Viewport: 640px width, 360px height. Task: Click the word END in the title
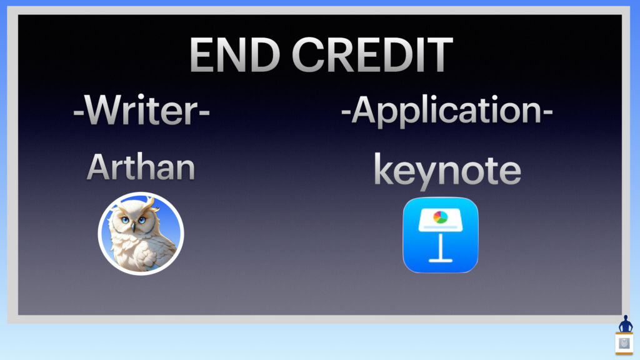(235, 55)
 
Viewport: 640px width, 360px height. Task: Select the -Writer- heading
(141, 110)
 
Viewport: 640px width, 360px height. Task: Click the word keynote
(447, 171)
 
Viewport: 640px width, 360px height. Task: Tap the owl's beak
(133, 227)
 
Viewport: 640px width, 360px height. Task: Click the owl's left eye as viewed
(124, 220)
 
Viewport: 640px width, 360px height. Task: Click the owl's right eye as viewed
(142, 220)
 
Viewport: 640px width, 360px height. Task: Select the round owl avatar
(141, 234)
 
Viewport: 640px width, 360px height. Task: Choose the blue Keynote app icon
(441, 235)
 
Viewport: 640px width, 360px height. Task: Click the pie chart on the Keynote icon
(440, 217)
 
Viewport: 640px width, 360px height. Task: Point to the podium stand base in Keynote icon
(441, 260)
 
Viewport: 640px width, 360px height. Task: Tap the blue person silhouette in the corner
(625, 324)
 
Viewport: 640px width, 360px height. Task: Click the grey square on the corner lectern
(624, 343)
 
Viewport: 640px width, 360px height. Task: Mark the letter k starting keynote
(384, 169)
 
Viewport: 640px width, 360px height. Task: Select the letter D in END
(265, 55)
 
